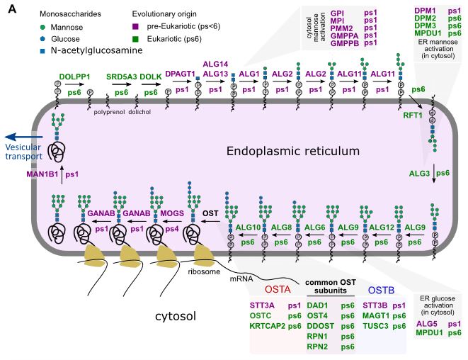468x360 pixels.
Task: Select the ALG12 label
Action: click(382, 227)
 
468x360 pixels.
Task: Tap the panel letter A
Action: click(9, 8)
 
